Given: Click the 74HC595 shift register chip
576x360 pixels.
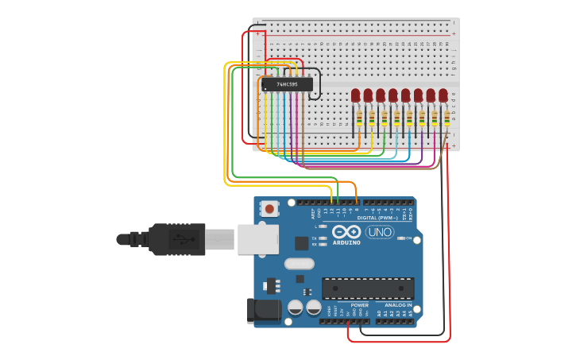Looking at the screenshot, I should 286,84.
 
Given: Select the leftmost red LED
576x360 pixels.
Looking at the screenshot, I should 356,96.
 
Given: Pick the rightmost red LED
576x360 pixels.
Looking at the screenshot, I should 443,96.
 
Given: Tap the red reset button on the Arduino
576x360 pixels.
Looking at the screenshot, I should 270,209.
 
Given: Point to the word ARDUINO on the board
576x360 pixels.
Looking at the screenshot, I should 346,242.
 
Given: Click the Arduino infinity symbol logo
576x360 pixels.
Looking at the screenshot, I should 346,231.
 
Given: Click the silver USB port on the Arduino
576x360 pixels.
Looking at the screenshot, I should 257,238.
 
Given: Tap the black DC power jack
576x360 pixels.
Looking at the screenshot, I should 265,310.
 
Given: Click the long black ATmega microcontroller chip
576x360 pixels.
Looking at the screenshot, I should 368,288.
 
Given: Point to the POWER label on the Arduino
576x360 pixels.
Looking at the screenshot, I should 359,304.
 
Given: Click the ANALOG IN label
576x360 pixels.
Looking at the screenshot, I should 398,304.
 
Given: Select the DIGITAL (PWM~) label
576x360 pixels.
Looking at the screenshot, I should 378,217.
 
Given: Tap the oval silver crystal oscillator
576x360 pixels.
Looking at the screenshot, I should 299,264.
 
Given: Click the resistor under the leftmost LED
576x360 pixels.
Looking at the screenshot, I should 359,118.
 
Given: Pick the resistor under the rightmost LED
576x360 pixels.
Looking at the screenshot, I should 446,118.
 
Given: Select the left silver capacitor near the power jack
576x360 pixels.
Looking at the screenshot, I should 296,308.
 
